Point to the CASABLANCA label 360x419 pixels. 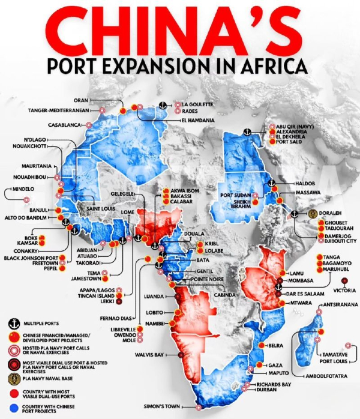(x=65, y=125)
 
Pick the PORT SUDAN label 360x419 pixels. (x=235, y=195)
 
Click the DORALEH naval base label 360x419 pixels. (x=332, y=213)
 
